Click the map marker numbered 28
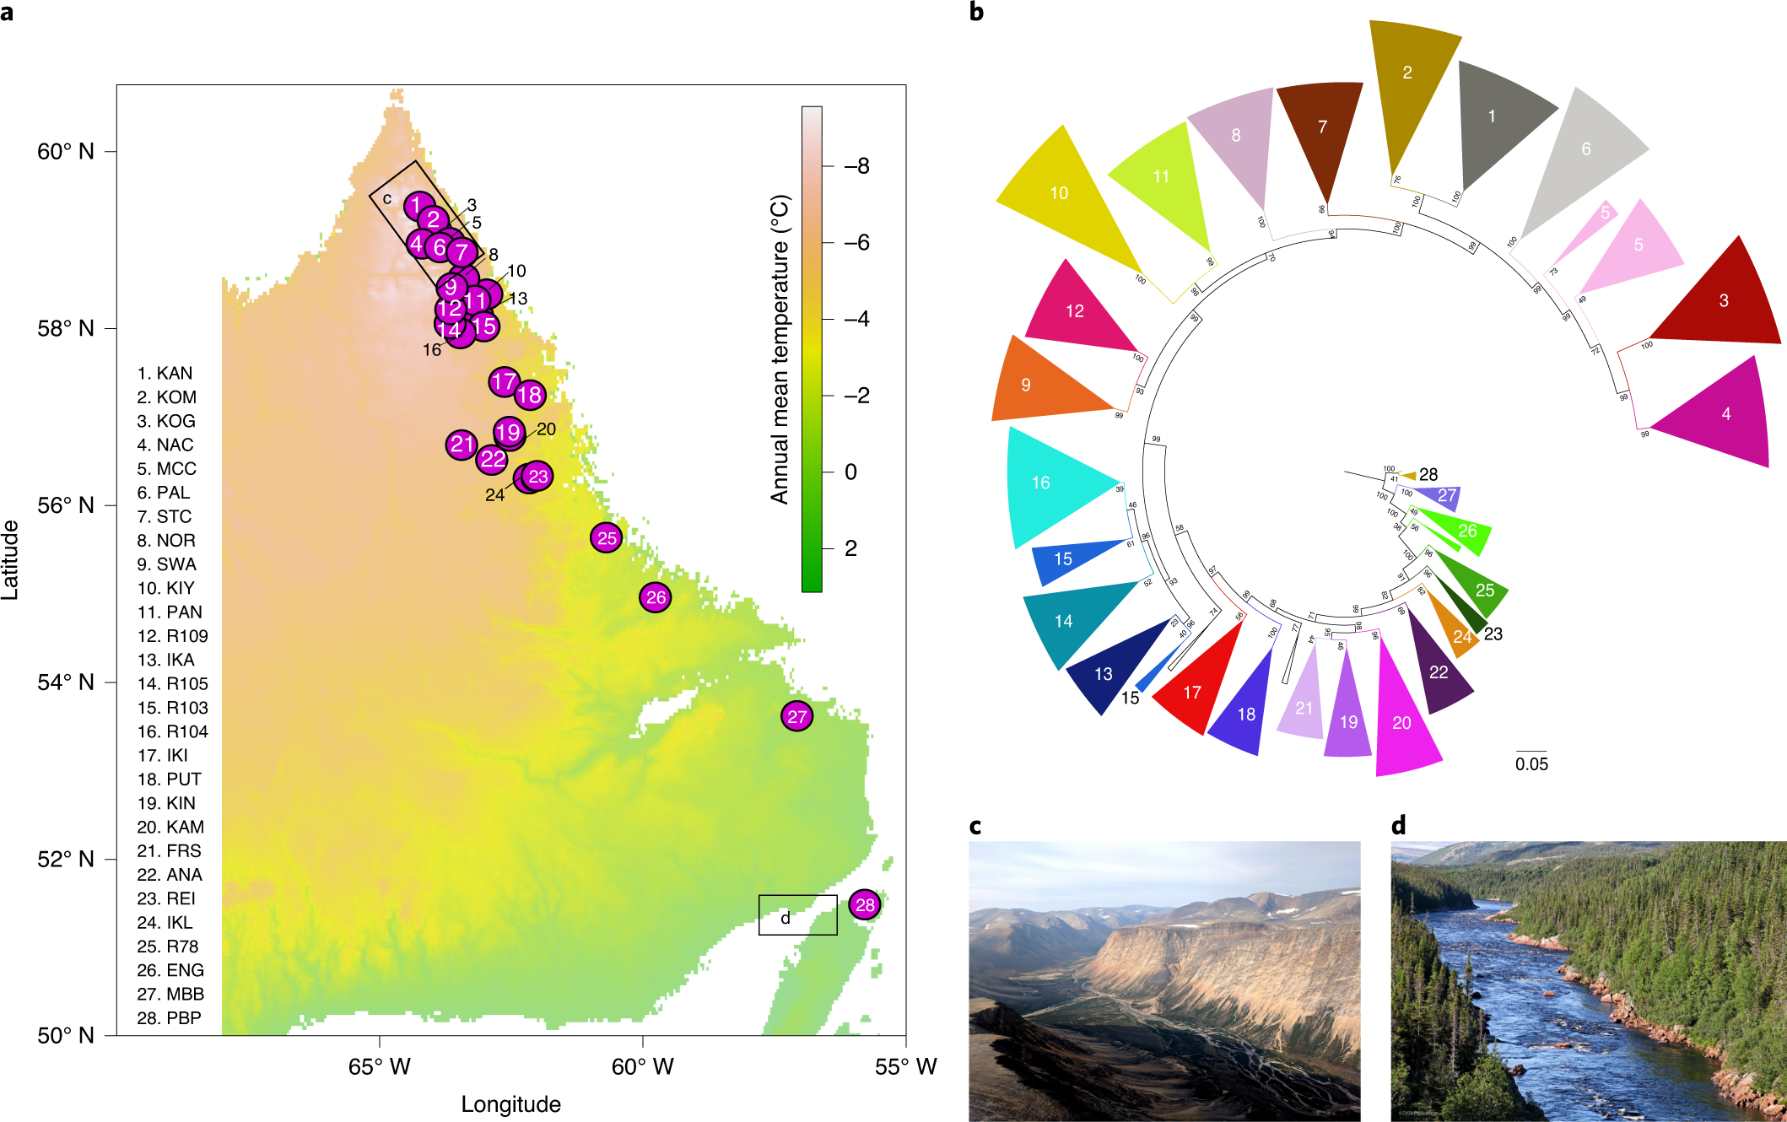coord(865,905)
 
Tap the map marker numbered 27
coord(796,716)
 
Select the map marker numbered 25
coord(607,537)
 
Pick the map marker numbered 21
coord(462,445)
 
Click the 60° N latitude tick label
coord(65,152)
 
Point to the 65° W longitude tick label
coord(379,1067)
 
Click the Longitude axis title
coord(510,1104)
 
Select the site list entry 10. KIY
coord(165,588)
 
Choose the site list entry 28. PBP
coord(169,1018)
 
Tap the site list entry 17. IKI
coord(162,755)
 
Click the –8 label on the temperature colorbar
coord(856,166)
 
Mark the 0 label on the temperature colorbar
coord(850,472)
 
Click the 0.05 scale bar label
coord(1531,764)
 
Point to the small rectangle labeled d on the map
coord(797,915)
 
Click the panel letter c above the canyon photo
coord(975,826)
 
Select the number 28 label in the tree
coord(1428,475)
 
